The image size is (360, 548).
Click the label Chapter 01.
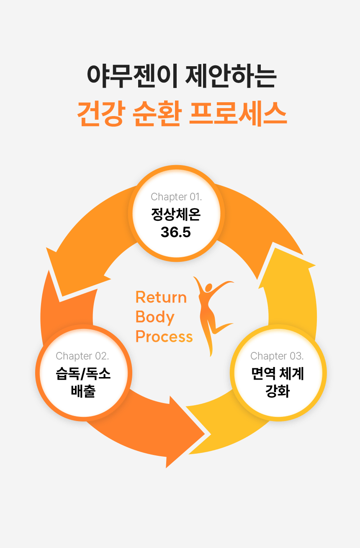tap(176, 196)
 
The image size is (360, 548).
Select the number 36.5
tap(176, 232)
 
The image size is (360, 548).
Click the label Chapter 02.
tap(82, 356)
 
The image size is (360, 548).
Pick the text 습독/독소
tap(83, 374)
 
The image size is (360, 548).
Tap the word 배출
tap(83, 391)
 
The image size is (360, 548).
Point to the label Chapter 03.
tap(277, 356)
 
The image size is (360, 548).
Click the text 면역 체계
tap(278, 374)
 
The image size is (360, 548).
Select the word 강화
tap(278, 391)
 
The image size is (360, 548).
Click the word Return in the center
tap(161, 297)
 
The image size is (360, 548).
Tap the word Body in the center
tap(155, 317)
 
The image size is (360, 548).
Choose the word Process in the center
tap(164, 336)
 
